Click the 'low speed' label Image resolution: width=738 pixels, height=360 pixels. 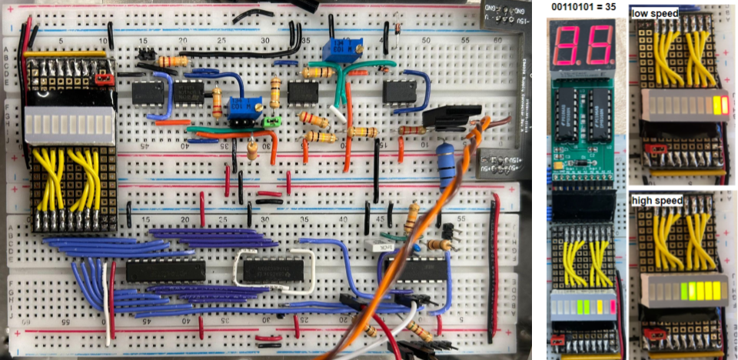click(654, 14)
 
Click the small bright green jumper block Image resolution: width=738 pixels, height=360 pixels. click(270, 121)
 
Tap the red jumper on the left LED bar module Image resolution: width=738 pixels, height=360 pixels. click(102, 78)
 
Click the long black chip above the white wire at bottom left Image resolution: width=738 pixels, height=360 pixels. click(165, 271)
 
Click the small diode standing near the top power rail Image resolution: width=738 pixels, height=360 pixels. click(397, 29)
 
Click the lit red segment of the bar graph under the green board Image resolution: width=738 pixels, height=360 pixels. click(613, 307)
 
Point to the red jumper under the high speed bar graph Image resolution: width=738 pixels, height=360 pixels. click(657, 334)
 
